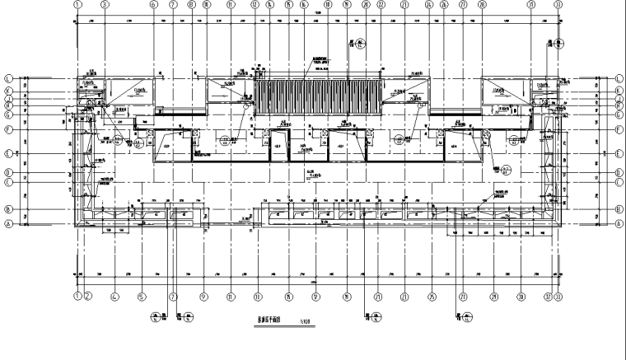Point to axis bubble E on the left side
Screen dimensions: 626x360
tap(7, 153)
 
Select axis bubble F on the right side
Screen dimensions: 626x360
tap(618, 130)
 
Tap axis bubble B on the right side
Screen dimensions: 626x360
tap(618, 209)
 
